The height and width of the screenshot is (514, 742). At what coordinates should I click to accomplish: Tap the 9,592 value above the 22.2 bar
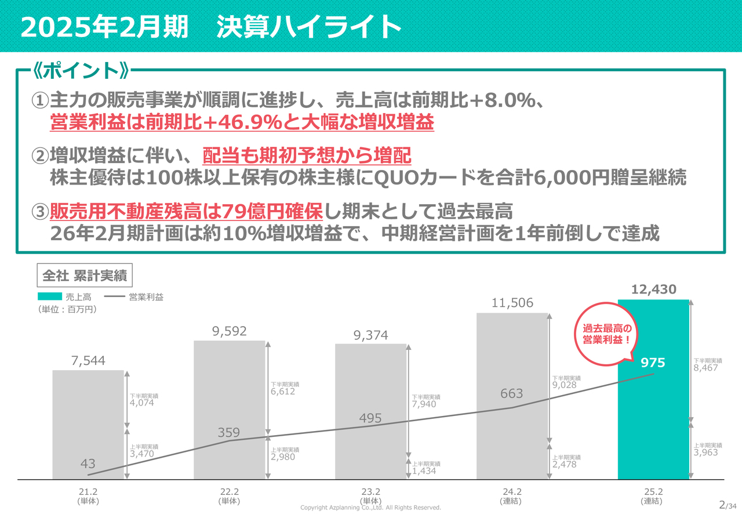[230, 331]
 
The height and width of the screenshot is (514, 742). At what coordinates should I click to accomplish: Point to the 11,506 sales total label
[512, 303]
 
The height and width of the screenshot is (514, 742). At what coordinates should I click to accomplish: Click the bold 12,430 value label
[654, 289]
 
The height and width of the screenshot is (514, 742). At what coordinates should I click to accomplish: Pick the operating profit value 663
[512, 394]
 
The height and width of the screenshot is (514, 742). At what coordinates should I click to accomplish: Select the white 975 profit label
[653, 363]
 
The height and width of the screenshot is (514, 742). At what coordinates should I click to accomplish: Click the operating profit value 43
[88, 464]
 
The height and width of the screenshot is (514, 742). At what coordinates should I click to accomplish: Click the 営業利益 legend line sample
[115, 297]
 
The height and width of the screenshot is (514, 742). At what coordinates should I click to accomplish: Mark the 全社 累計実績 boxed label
[85, 276]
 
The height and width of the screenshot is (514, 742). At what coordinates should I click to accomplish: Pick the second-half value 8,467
[706, 368]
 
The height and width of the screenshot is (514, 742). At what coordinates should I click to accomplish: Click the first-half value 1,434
[424, 471]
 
